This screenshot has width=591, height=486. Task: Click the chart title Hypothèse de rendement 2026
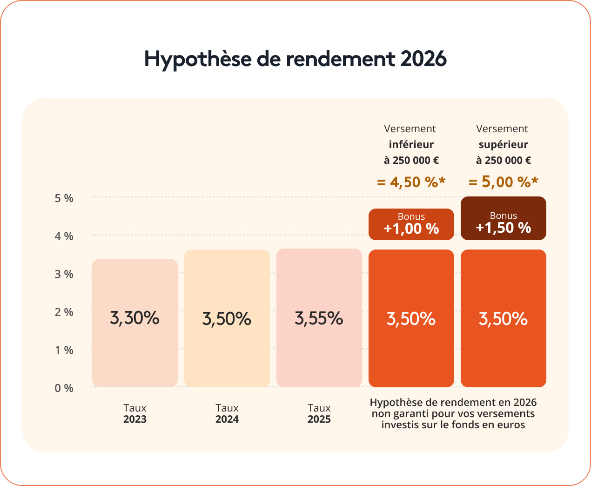coord(295,59)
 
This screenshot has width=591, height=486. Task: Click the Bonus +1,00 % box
coord(411,224)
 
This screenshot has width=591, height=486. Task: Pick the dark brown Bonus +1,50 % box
coord(503,218)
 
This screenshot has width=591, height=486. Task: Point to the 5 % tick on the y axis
coord(64,198)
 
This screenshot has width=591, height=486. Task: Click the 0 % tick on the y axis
coord(64,388)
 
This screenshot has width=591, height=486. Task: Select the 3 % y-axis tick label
coord(64,274)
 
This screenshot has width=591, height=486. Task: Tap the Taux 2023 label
coord(135,413)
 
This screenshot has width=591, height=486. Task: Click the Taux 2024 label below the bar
coord(227,413)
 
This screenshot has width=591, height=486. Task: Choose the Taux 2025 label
coord(319,413)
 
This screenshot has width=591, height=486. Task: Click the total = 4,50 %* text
coord(411,182)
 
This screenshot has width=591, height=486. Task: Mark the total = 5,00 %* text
coord(503,182)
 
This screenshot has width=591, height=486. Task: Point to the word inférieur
coord(411,144)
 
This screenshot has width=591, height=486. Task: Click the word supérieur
coord(503,144)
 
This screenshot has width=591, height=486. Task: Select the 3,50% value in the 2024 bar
coord(227,319)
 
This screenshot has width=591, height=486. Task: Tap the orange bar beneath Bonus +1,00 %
coord(411,354)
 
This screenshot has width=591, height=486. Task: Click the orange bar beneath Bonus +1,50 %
coord(503,354)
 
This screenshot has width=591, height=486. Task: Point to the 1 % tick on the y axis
coord(64,350)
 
